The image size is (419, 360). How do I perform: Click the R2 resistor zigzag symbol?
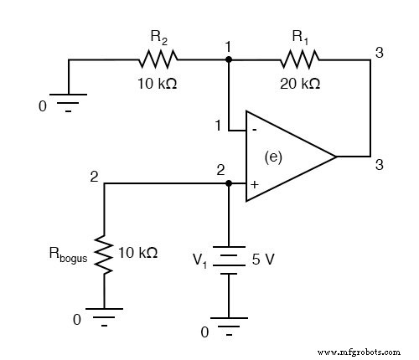click(158, 59)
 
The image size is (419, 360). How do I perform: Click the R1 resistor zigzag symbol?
click(299, 59)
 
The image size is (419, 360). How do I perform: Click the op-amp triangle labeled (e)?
click(285, 157)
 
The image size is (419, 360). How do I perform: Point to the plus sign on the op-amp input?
click(253, 182)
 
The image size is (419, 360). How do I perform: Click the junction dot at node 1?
click(228, 59)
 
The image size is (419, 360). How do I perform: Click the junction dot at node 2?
click(228, 183)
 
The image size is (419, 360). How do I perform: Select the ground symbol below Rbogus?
click(104, 317)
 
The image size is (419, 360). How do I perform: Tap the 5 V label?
click(263, 260)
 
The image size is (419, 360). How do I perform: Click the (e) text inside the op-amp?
click(272, 157)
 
